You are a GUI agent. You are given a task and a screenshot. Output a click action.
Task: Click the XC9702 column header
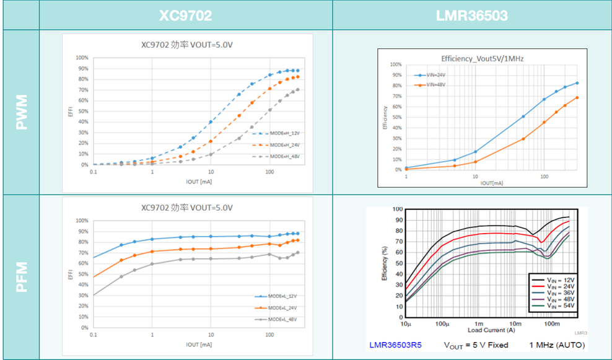point(185,15)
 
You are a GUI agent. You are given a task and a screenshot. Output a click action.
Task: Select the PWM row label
point(20,112)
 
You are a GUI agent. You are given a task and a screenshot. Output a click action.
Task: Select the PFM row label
point(20,277)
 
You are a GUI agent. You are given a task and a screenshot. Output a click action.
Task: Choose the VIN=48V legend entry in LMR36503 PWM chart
point(432,84)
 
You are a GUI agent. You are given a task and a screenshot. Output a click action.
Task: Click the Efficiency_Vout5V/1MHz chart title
point(483,58)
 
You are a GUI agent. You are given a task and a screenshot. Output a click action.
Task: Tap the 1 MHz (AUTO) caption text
point(556,345)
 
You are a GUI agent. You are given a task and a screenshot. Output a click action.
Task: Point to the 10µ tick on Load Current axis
point(406,323)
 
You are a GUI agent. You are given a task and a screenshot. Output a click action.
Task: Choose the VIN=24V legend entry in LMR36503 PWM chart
point(432,74)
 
